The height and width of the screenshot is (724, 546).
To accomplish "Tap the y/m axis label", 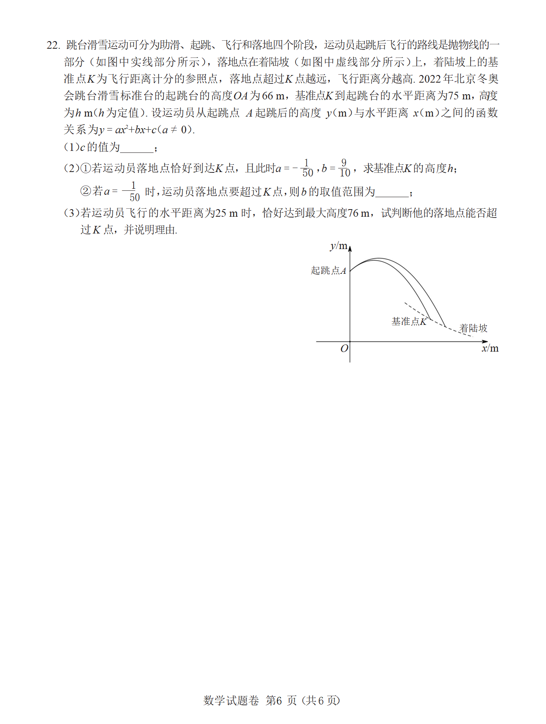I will [338, 246].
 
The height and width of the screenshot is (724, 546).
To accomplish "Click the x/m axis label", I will [490, 348].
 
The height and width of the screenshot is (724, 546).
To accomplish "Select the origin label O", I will [344, 348].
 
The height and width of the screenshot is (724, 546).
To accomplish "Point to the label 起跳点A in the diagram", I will [328, 271].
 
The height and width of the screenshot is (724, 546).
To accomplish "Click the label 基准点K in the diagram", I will [409, 322].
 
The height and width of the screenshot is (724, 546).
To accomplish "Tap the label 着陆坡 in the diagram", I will [473, 328].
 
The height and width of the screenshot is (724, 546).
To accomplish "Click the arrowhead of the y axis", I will [350, 249].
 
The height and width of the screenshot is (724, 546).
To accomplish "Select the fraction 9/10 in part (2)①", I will [344, 168].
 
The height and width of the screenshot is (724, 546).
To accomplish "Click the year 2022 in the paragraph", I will [430, 79].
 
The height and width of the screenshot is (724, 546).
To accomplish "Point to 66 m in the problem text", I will [273, 96].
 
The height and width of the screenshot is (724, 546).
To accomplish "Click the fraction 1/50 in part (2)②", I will [133, 192].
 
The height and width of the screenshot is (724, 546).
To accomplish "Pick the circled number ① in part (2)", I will [86, 168].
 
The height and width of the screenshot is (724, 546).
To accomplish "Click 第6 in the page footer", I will [274, 700].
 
